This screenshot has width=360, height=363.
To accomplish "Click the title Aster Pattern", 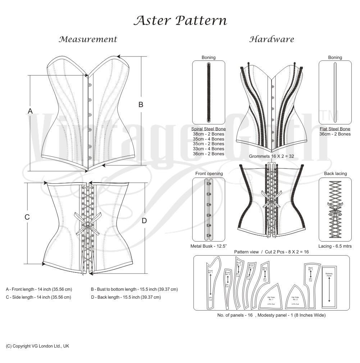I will click(180, 20).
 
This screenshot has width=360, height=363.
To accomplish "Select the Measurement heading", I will click(88, 39).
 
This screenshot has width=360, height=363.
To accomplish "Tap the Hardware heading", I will click(272, 39).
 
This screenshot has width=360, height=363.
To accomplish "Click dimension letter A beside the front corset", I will click(30, 111).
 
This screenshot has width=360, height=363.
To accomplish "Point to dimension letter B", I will click(141, 105).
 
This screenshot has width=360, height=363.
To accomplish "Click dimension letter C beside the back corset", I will click(27, 217).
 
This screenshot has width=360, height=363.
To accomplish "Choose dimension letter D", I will click(144, 221).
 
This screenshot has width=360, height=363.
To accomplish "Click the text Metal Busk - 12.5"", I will click(208, 246).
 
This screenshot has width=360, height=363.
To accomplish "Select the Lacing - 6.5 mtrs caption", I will click(335, 246).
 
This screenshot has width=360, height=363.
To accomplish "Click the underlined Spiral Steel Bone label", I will click(209, 129).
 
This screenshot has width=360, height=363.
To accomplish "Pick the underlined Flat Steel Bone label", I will click(335, 129).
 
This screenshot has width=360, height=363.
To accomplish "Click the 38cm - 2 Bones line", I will click(209, 134).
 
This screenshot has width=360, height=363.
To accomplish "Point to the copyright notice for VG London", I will click(37, 346).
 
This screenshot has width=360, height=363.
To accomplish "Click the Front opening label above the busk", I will click(209, 174).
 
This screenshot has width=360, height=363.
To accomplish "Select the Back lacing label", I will click(335, 174).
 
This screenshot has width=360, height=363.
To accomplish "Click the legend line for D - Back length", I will click(126, 297).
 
